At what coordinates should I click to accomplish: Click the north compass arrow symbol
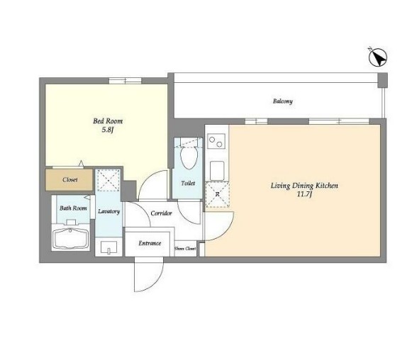[x=377, y=57]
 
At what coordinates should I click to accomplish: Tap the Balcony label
[x=282, y=101]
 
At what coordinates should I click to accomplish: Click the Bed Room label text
[x=108, y=121]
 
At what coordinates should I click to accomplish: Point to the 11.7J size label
[x=304, y=194]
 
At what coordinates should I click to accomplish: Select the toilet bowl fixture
[x=189, y=157]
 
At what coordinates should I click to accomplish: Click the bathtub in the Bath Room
[x=70, y=238]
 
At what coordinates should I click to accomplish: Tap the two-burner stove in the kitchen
[x=216, y=141]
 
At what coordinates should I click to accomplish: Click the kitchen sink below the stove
[x=217, y=171]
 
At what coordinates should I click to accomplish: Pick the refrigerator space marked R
[x=217, y=195]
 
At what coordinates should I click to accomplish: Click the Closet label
[x=70, y=179]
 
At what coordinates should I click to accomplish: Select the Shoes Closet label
[x=185, y=249]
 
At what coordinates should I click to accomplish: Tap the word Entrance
[x=150, y=243]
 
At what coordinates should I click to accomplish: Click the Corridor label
[x=162, y=213]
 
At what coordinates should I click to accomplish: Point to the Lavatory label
[x=108, y=211]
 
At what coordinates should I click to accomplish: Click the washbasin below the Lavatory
[x=109, y=247]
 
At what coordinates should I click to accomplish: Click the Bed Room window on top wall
[x=125, y=81]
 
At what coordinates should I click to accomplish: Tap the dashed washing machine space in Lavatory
[x=108, y=180]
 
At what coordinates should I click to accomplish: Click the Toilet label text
[x=188, y=184]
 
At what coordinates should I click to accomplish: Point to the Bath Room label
[x=73, y=208]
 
